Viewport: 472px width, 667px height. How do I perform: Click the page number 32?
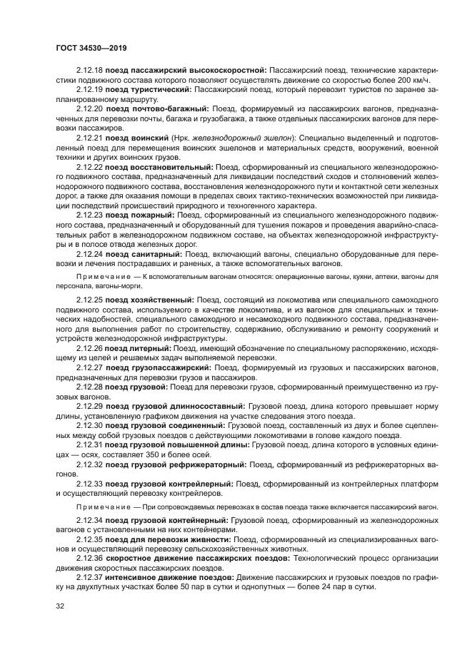(x=60, y=606)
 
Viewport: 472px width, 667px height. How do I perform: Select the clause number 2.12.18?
(x=90, y=70)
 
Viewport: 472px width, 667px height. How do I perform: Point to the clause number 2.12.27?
(x=90, y=367)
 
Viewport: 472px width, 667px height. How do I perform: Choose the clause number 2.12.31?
(x=90, y=444)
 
